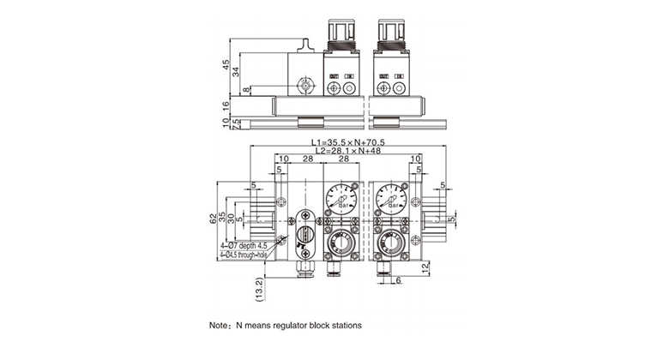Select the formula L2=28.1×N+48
[347, 151]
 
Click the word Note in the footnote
[219, 327]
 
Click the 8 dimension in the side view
[246, 89]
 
